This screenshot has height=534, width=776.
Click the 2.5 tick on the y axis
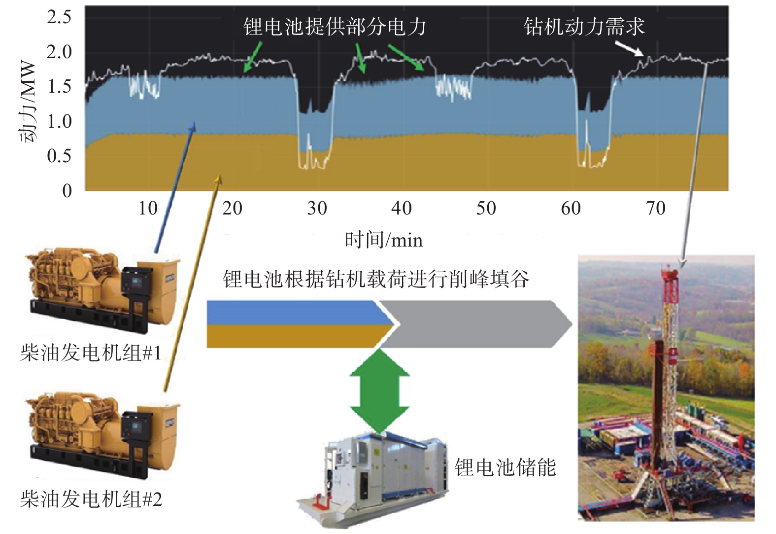coord(59,17)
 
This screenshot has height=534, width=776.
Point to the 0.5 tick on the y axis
coord(59,156)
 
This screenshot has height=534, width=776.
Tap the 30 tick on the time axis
coord(317,209)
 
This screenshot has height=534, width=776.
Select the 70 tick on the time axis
coord(655,209)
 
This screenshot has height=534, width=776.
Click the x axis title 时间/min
coord(383,240)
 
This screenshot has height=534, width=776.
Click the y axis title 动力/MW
coord(28,101)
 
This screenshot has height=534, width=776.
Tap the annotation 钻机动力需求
coord(584,27)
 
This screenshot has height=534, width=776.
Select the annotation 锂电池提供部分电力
coord(335,27)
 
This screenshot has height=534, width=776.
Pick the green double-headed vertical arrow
coord(379,391)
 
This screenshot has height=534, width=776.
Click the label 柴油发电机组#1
coord(91,353)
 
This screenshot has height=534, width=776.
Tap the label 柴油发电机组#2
coord(91,499)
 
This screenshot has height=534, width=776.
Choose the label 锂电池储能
coord(505,467)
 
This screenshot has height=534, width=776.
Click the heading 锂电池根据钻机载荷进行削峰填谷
coord(376,279)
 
